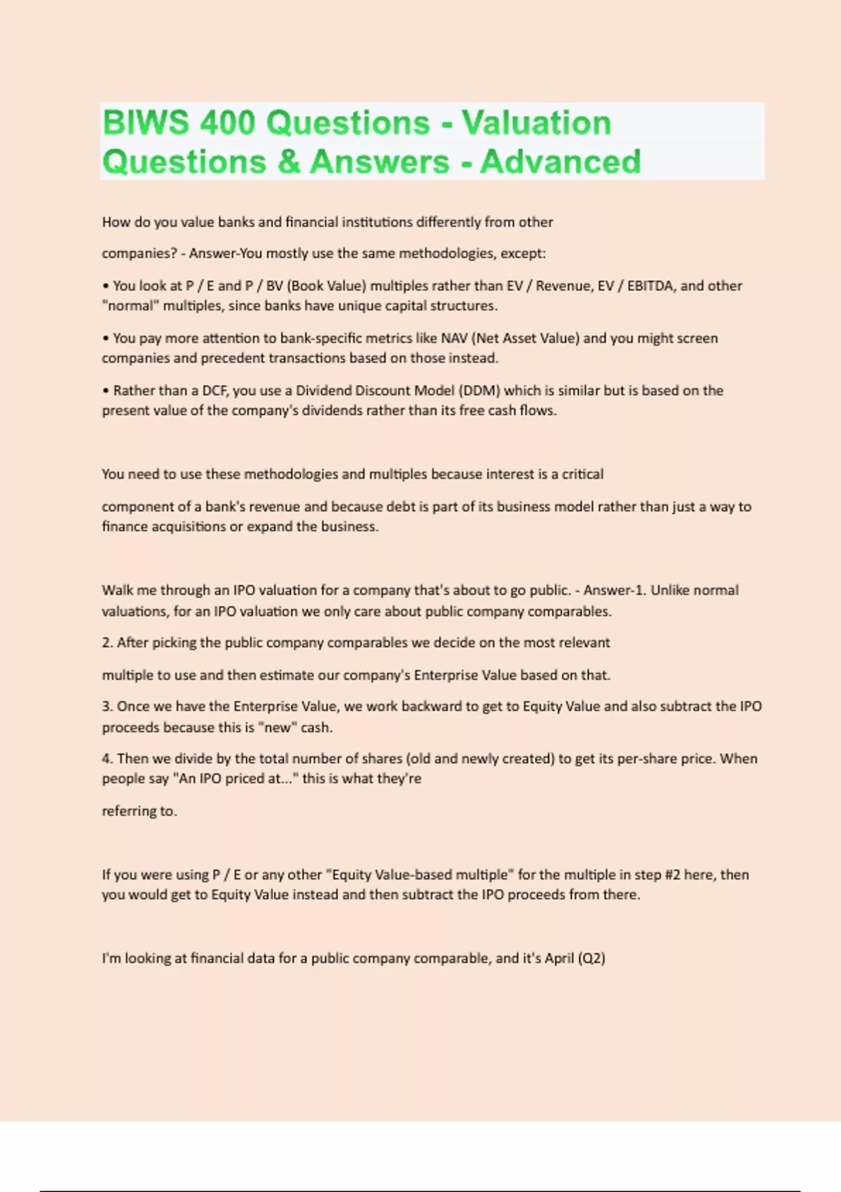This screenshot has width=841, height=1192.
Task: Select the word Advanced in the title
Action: pos(560,162)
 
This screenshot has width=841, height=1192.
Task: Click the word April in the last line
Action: pos(559,959)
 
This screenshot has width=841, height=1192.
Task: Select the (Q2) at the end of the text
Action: pos(592,959)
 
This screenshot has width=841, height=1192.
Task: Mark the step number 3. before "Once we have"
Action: pos(107,707)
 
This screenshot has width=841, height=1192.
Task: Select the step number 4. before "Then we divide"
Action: pos(107,759)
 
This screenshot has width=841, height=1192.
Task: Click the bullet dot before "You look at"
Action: pos(106,286)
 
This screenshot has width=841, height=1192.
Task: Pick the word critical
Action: pos(582,475)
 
